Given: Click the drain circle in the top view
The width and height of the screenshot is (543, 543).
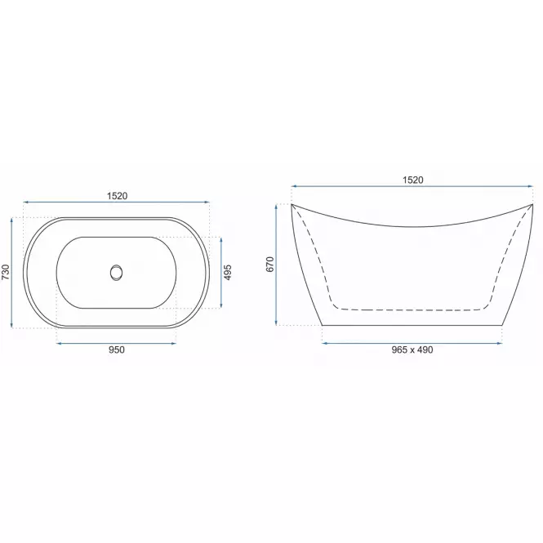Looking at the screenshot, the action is tap(116, 273).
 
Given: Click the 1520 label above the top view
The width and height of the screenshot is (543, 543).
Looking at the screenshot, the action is tap(117, 196).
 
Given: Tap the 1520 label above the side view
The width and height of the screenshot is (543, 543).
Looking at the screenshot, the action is tap(413, 180).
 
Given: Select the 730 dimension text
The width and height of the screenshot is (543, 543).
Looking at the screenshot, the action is tap(6, 272).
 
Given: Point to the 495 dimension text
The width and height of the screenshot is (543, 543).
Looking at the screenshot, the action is tap(228, 273).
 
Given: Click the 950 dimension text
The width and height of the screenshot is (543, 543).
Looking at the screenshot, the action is tap(116, 349).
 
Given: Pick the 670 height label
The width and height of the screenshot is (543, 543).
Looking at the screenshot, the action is tap(270, 265).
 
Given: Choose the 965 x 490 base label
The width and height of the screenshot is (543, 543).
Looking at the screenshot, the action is tap(412, 349).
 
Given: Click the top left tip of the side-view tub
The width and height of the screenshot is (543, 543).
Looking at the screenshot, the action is tap(292, 204).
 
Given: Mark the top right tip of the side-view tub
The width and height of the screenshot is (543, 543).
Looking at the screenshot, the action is tap(532, 204).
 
